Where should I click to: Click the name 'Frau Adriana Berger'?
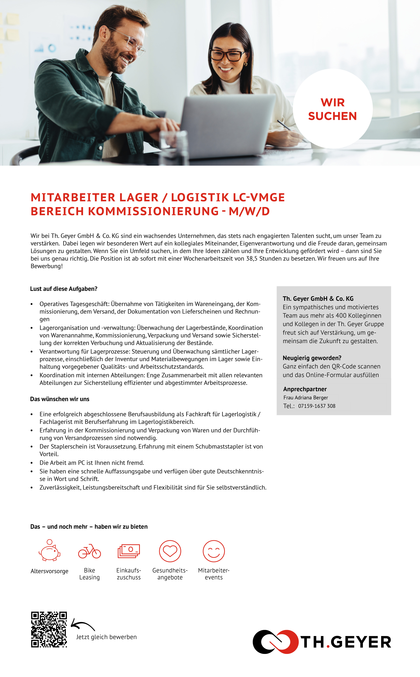[306, 398]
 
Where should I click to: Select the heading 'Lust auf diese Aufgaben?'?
[64, 289]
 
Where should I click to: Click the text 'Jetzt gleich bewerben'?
[106, 637]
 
